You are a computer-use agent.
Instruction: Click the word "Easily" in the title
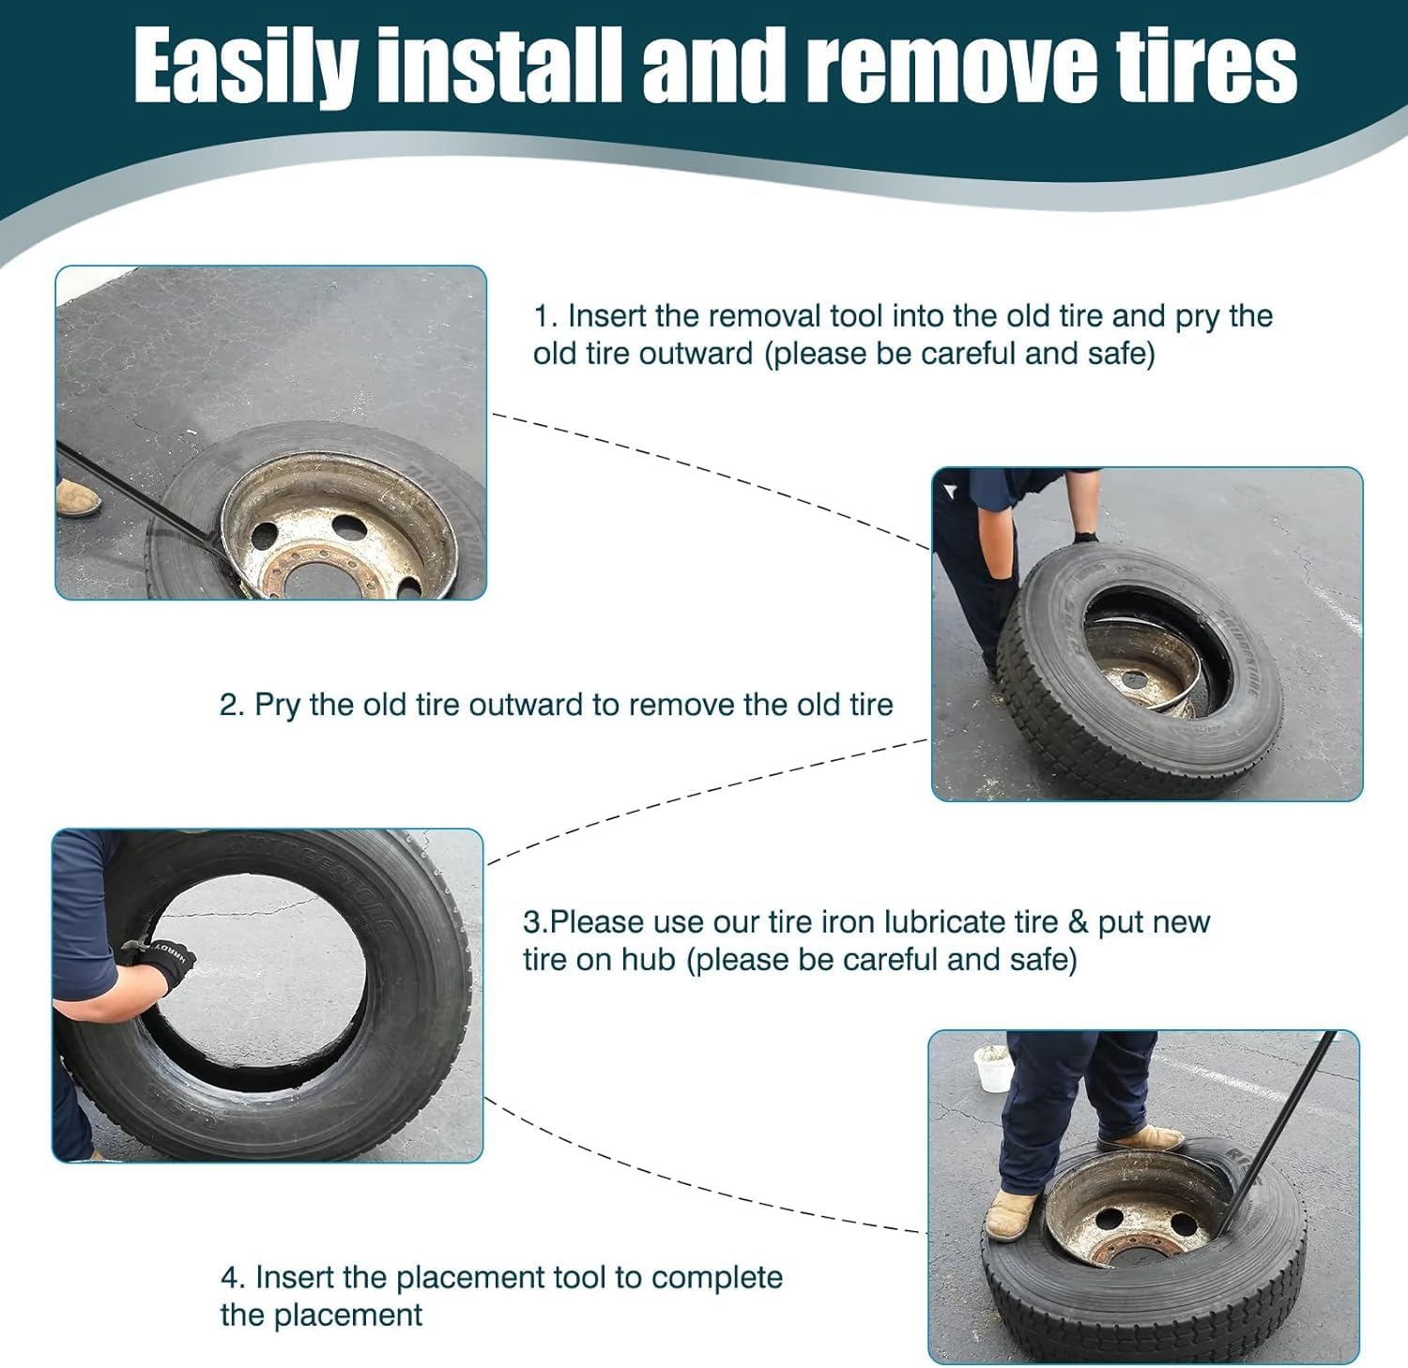(x=245, y=68)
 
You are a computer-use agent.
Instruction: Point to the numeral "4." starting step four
(x=234, y=1277)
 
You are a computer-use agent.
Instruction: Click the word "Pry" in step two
(x=277, y=706)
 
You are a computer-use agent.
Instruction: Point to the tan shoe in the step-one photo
(x=78, y=498)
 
